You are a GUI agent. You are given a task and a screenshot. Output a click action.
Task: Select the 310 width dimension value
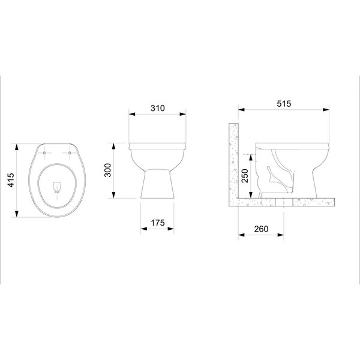[157, 109]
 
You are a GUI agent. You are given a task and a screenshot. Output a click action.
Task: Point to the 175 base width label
[157, 223]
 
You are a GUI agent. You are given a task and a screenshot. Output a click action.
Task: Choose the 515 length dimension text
[284, 103]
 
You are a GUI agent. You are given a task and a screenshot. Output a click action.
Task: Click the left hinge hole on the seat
[46, 152]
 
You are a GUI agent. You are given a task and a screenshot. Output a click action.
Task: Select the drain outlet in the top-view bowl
[58, 187]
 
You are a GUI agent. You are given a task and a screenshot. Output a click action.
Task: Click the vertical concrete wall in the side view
[234, 162]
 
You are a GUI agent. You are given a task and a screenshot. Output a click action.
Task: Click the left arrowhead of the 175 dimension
[142, 229]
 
